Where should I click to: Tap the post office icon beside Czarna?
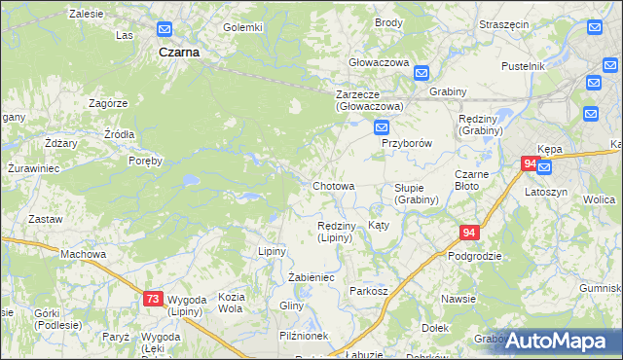(x=165, y=31)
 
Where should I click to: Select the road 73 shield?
(x=153, y=300)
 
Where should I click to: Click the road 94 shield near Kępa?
(x=530, y=164)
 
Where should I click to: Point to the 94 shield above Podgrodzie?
(x=470, y=233)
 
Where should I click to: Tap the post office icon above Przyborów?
(x=383, y=127)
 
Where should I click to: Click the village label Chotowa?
(x=333, y=185)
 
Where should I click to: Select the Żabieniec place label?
(x=311, y=277)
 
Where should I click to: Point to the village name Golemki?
(x=242, y=27)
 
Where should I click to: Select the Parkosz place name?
(x=369, y=291)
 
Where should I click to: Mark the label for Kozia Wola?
(x=231, y=302)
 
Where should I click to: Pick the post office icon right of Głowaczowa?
(x=421, y=73)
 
